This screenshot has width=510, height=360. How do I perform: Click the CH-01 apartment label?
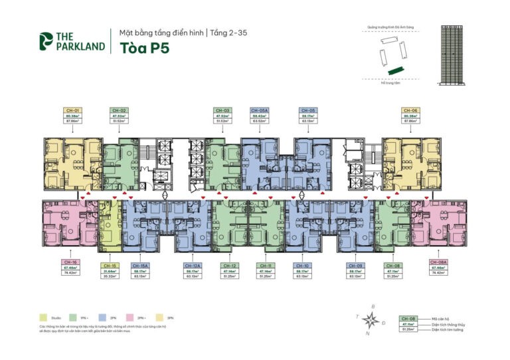click(x=73, y=110)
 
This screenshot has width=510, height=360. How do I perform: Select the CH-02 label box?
click(x=120, y=110)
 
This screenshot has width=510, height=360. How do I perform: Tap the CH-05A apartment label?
click(x=259, y=110)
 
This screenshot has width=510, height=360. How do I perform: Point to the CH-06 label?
click(x=410, y=110)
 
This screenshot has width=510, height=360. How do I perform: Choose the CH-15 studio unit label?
click(x=110, y=264)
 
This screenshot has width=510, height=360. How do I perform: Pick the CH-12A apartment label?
click(x=193, y=264)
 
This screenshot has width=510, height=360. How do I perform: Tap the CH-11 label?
click(x=265, y=264)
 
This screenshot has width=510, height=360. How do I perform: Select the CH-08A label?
click(x=437, y=262)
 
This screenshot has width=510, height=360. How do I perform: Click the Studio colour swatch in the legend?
click(x=43, y=318)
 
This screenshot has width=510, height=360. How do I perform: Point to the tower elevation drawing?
click(x=455, y=54)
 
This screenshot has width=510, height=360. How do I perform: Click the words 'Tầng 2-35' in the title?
click(x=229, y=32)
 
